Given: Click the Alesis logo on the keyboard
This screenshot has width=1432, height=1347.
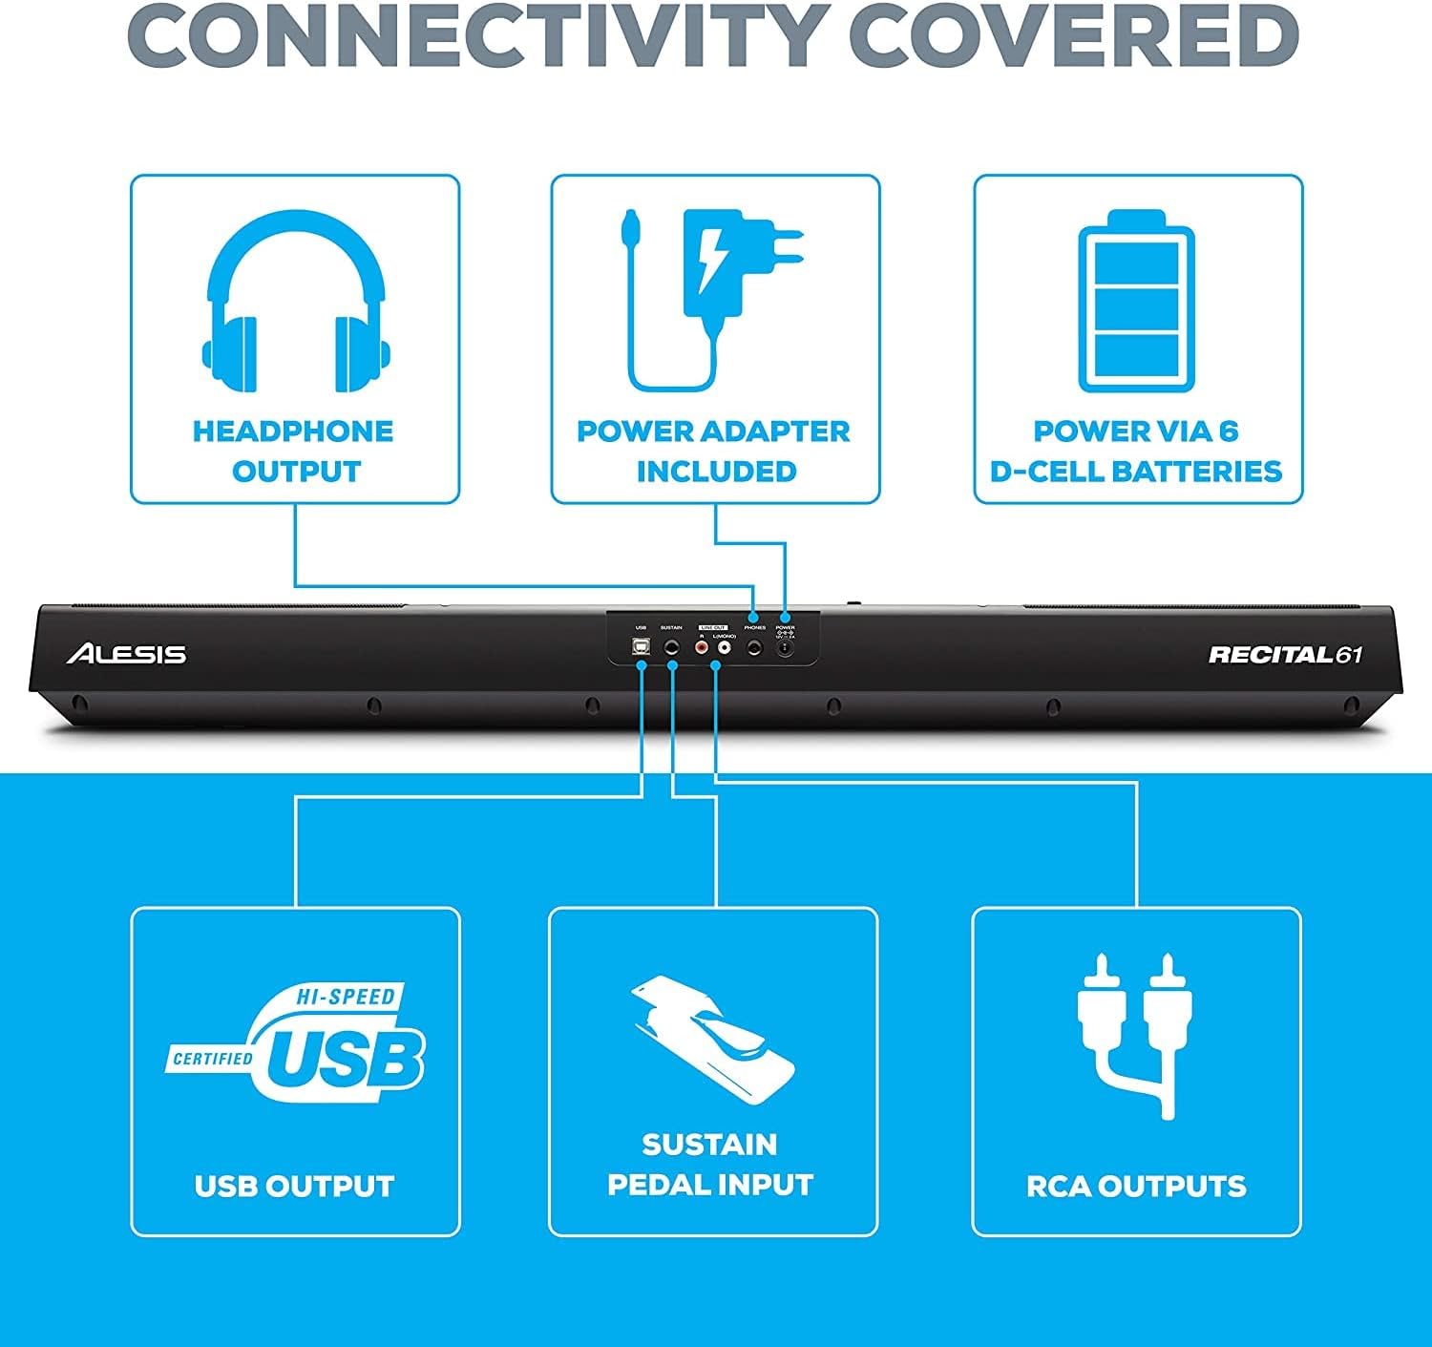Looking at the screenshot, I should tap(126, 654).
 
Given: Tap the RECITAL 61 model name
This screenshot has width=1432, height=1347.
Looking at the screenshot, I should tap(1285, 655).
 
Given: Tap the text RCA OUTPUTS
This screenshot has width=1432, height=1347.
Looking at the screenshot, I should tap(1136, 1186).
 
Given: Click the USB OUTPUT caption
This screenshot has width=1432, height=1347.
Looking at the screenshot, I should tap(294, 1186).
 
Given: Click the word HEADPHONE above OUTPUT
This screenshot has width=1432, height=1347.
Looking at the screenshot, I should tap(293, 431).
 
